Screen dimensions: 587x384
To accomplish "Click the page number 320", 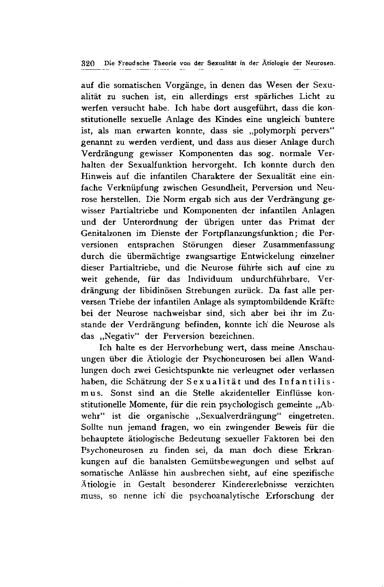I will tap(88, 64).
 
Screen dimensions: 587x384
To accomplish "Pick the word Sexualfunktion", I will tap(152, 165).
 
